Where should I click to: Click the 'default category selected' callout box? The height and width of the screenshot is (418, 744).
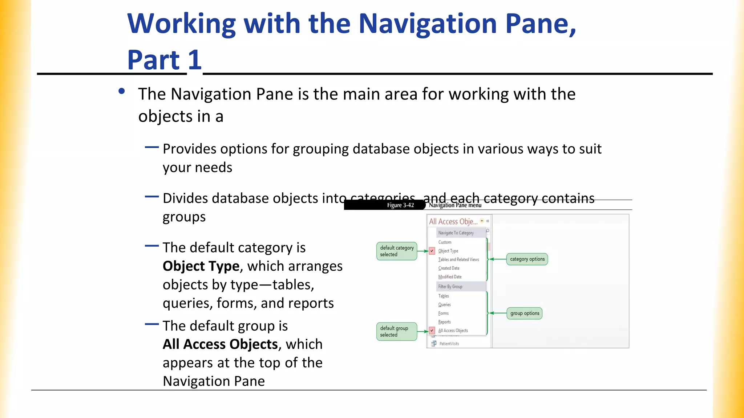pos(397,251)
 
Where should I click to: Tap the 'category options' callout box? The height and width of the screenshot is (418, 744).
pos(527,259)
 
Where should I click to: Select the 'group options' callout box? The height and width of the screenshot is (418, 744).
pos(524,313)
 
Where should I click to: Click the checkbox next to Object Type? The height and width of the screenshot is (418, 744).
pos(432,251)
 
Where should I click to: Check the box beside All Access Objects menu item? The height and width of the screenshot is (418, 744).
pos(432,331)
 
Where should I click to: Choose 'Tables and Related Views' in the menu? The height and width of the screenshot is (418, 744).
pos(458,259)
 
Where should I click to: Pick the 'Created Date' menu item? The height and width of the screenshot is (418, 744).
pos(449,268)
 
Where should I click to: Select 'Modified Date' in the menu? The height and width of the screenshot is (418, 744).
pos(450,277)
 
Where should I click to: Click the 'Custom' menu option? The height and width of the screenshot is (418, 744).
pos(445,242)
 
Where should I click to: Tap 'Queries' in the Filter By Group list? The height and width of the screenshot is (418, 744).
pos(444,305)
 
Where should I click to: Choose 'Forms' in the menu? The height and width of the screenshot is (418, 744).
pos(443,313)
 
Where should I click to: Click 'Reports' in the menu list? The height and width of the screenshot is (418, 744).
pos(444,322)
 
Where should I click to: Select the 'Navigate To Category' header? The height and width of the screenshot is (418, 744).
pos(456,233)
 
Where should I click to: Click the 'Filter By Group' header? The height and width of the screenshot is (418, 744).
pos(450,287)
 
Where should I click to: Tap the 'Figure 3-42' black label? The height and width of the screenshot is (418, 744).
pos(400,205)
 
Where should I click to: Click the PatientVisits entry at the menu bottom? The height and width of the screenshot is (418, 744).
pos(449,344)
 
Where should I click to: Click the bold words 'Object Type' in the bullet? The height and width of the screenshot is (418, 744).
pos(201,266)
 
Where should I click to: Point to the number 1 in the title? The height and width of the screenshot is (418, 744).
pos(195,60)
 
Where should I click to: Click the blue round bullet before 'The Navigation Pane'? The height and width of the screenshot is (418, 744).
pos(122,91)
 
